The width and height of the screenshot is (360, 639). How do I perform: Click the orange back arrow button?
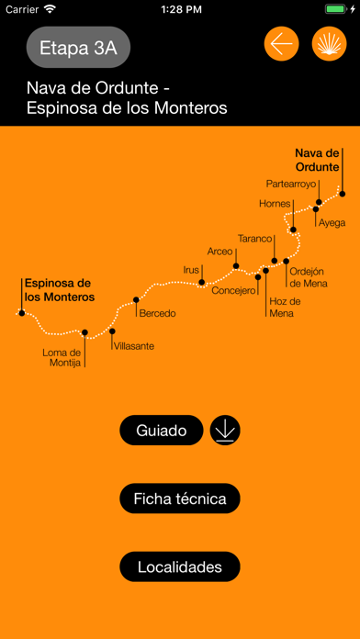click(282, 44)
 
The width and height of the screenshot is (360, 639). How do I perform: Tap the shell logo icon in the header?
click(330, 44)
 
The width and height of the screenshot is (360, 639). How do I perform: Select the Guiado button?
click(161, 430)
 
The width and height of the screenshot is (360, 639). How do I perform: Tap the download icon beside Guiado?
click(225, 430)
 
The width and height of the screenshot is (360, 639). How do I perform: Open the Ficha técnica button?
click(180, 499)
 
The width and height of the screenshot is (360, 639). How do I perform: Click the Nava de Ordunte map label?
click(318, 160)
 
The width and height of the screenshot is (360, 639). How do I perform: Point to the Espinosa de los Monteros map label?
click(59, 290)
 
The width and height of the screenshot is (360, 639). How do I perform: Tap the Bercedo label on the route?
click(157, 314)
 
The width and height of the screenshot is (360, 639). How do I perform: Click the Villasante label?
click(134, 346)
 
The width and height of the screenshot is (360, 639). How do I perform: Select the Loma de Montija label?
click(62, 357)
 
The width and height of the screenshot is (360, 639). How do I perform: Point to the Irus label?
click(191, 270)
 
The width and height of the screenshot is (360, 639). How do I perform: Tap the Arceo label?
click(220, 251)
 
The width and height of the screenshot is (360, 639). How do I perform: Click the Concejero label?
click(234, 291)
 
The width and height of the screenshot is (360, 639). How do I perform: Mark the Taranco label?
click(254, 239)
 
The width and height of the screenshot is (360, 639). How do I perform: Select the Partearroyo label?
click(290, 184)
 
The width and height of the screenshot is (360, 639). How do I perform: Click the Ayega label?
click(332, 222)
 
